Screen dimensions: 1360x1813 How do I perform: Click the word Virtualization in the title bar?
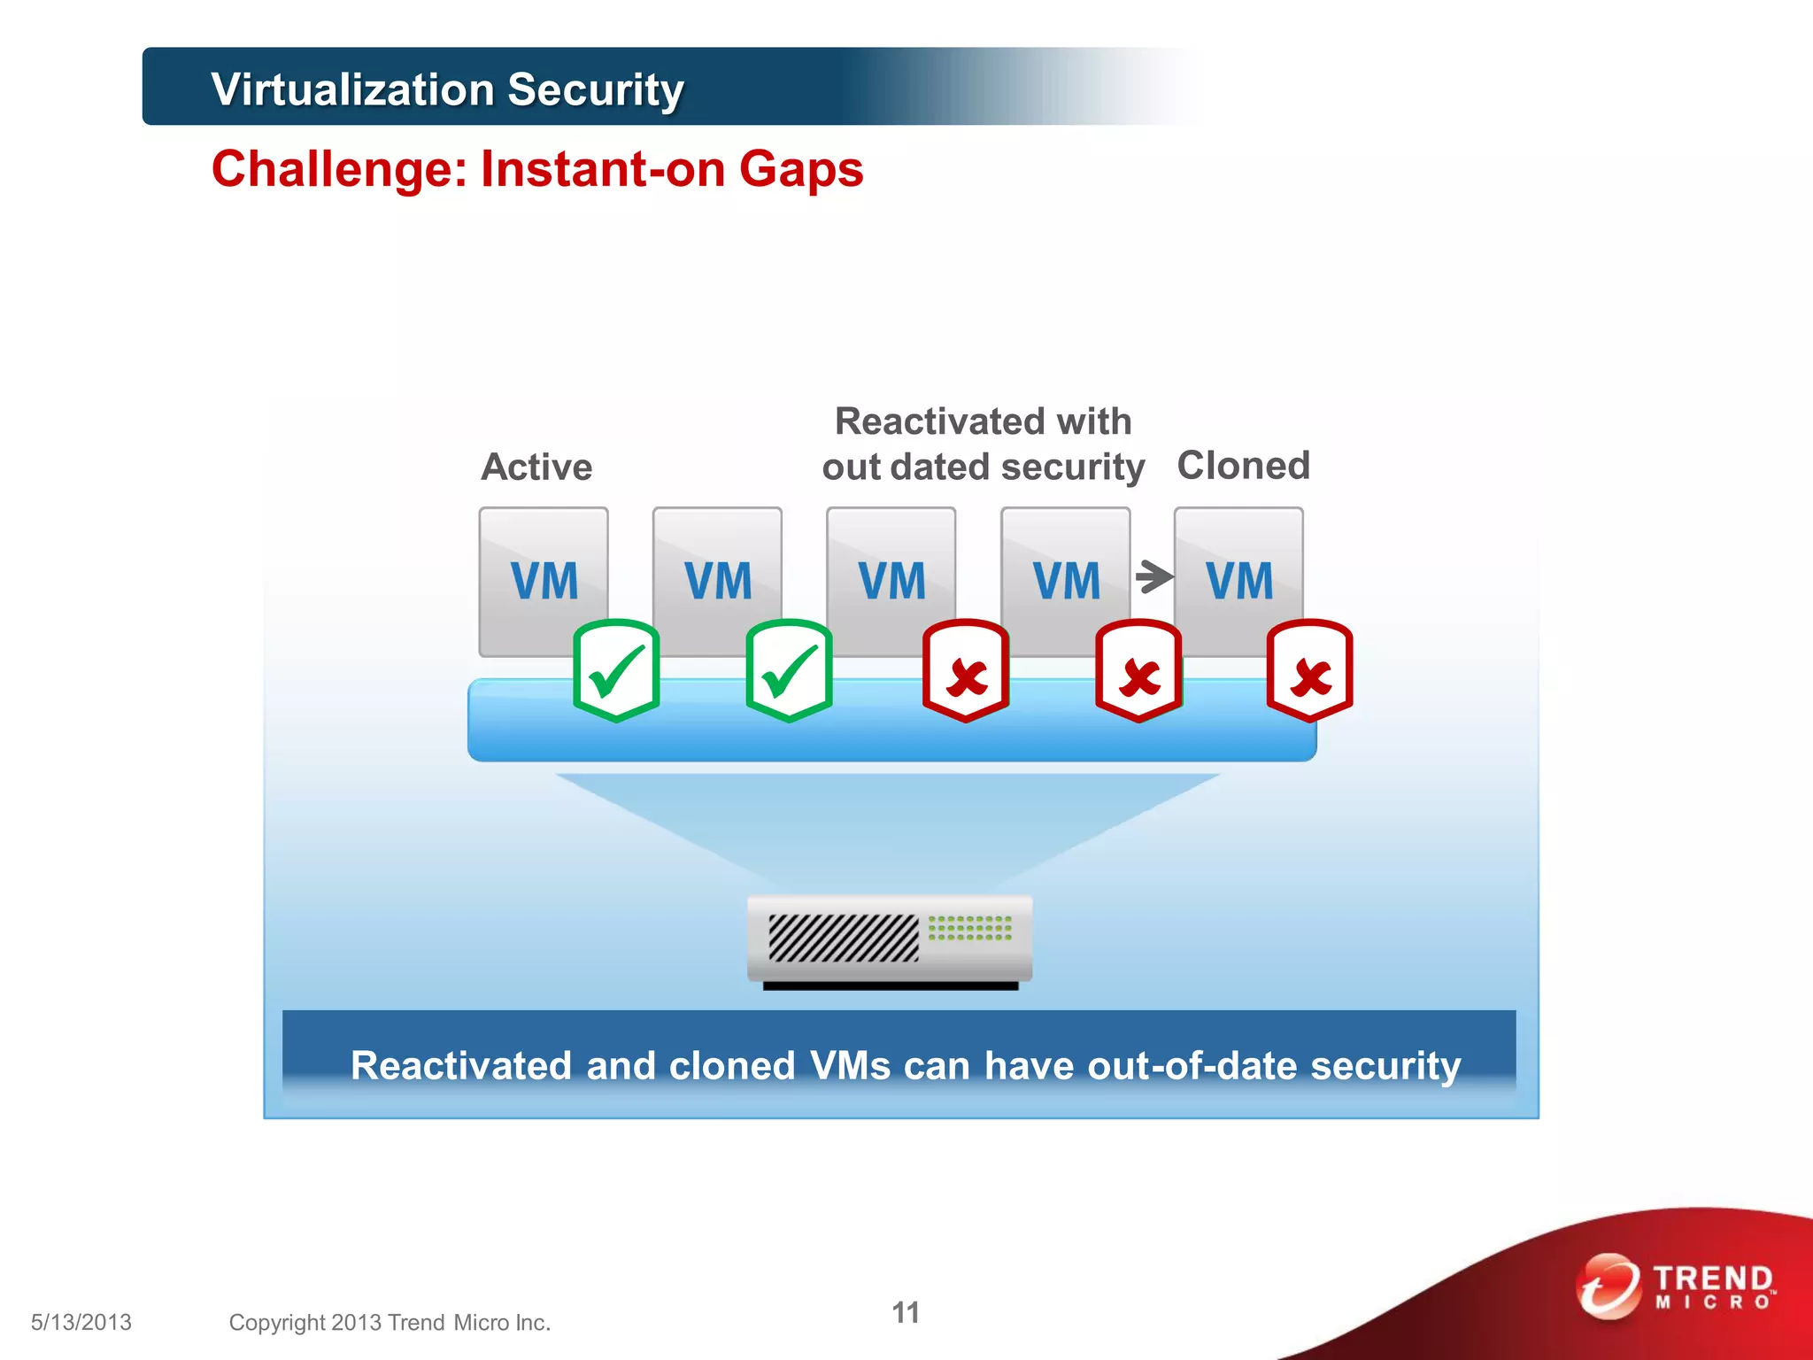[x=353, y=89]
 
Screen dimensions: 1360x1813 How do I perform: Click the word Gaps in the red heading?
[x=801, y=169]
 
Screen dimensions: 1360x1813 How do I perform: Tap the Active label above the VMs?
[x=536, y=467]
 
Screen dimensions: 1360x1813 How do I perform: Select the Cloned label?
[x=1243, y=466]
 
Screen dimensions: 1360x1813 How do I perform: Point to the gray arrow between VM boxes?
[x=1153, y=576]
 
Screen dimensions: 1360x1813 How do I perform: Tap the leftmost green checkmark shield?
[x=616, y=670]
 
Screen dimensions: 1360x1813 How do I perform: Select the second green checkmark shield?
[x=789, y=670]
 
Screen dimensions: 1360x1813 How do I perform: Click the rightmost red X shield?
[x=1309, y=670]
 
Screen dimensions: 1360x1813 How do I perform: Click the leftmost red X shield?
[x=966, y=670]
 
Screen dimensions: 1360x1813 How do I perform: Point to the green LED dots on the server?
[x=969, y=928]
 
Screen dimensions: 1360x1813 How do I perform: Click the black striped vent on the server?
[x=843, y=938]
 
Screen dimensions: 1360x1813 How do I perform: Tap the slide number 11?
[x=905, y=1312]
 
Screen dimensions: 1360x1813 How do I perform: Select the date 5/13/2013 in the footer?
[x=81, y=1322]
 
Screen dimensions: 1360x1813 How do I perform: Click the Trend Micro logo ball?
[x=1608, y=1286]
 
